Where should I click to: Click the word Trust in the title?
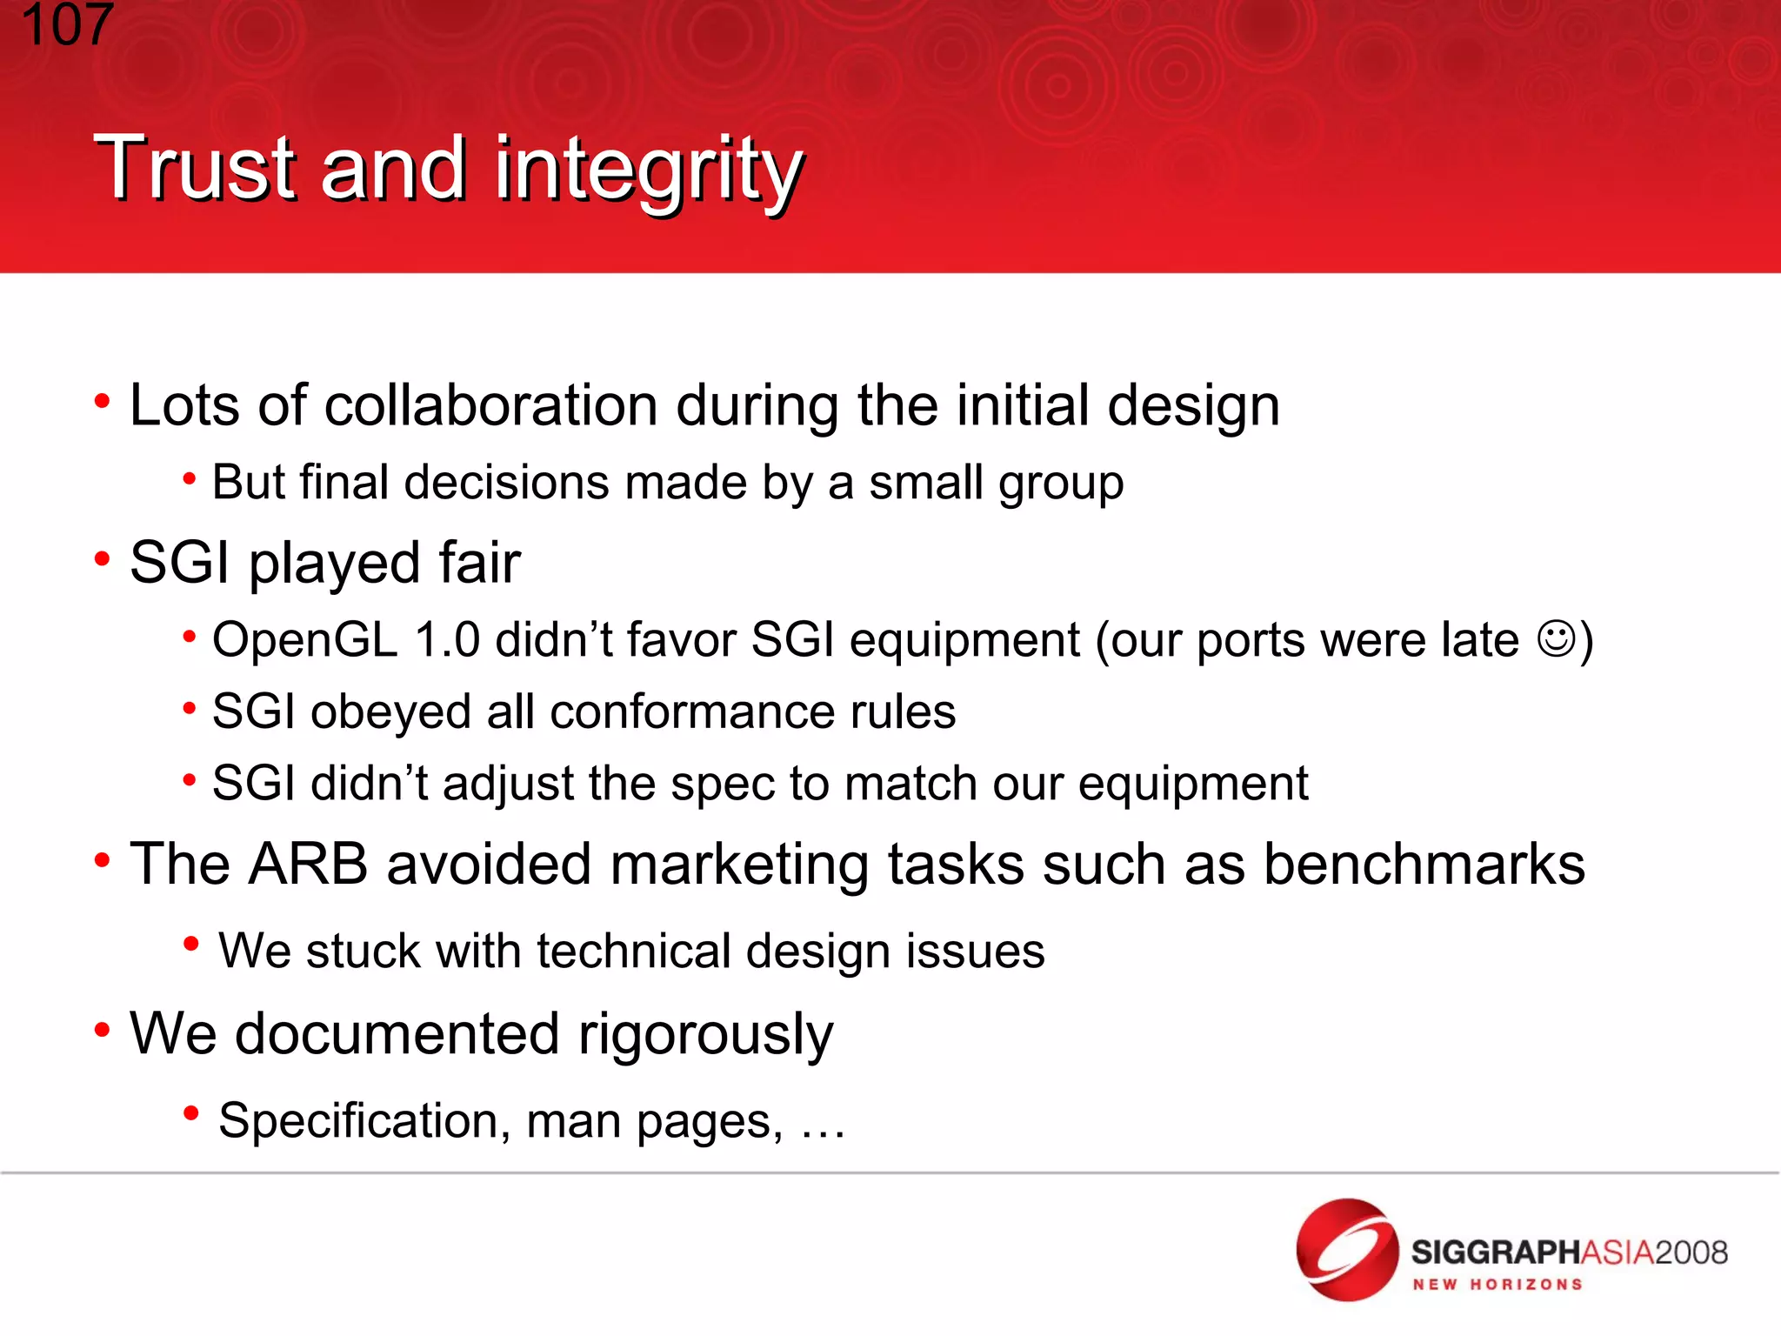point(196,169)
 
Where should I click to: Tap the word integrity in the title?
point(648,170)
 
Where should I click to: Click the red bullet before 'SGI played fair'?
point(103,558)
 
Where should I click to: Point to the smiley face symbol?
point(1556,638)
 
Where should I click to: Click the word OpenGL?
point(304,641)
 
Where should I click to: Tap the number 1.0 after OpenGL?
point(447,640)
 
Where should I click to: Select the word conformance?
point(691,711)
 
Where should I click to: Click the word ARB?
point(308,865)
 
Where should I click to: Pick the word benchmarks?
point(1424,865)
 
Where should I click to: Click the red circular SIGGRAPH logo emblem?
point(1347,1250)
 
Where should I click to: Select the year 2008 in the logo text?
point(1691,1252)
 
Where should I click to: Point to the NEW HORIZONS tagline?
point(1497,1285)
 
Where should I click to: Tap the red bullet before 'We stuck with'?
point(191,944)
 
